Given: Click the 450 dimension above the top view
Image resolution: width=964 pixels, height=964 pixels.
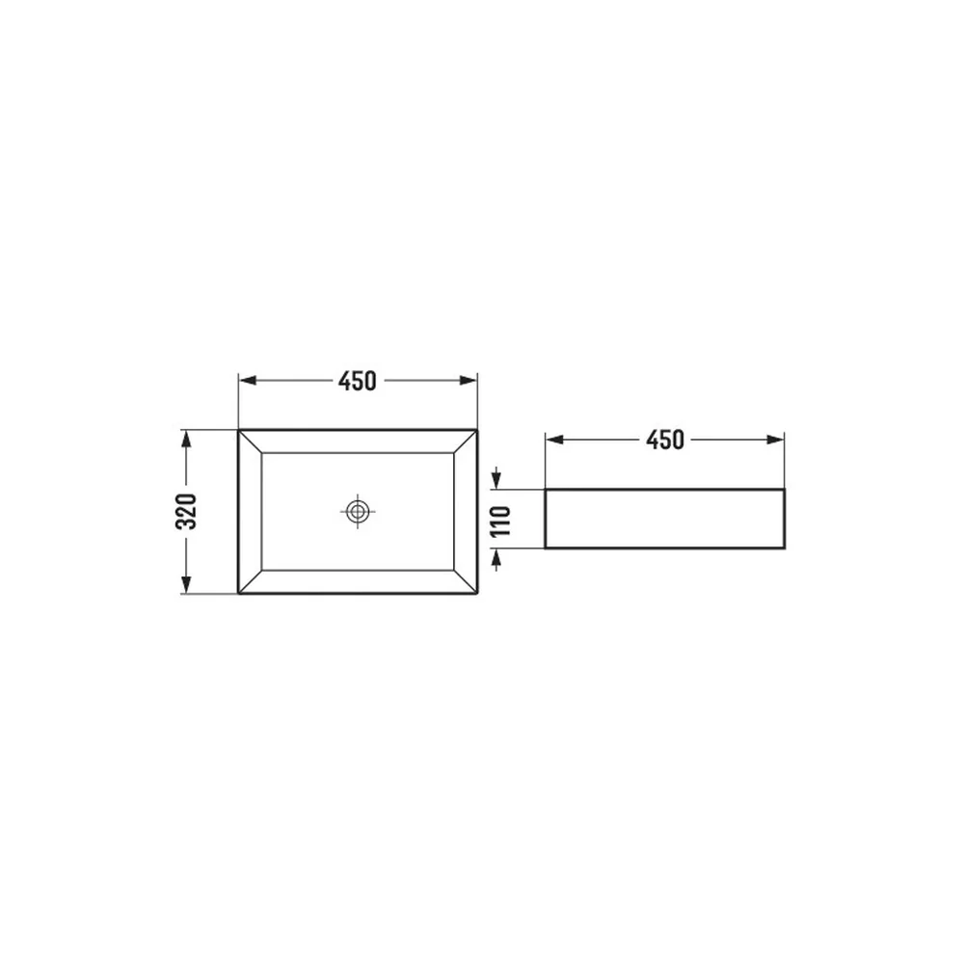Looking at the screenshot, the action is coord(358,381).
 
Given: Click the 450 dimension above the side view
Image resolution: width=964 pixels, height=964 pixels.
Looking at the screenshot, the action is coord(665,441).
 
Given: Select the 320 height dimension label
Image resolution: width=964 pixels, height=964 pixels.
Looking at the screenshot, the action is coord(186,512).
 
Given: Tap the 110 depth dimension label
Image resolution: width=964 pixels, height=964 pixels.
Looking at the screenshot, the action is coord(500,521).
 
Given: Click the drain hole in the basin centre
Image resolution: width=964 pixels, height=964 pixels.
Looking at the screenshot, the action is coord(358,511).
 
